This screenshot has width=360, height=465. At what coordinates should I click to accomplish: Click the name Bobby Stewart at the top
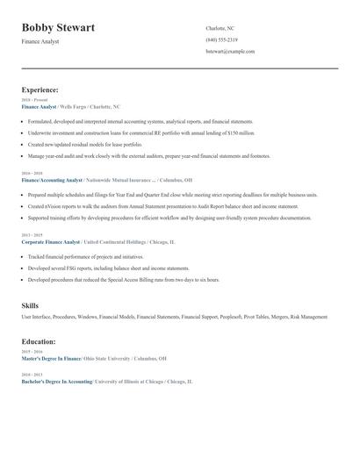pyautogui.click(x=58, y=28)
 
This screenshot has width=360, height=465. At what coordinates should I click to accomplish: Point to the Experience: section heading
pyautogui.click(x=40, y=90)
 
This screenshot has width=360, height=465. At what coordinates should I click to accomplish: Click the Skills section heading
pyautogui.click(x=30, y=305)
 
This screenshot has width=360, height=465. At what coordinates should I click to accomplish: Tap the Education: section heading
pyautogui.click(x=39, y=341)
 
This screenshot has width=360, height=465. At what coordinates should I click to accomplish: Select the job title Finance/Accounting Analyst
pyautogui.click(x=51, y=180)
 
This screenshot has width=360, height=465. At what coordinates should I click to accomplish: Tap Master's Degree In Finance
pyautogui.click(x=51, y=358)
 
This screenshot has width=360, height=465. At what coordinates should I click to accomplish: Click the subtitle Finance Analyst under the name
pyautogui.click(x=40, y=42)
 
